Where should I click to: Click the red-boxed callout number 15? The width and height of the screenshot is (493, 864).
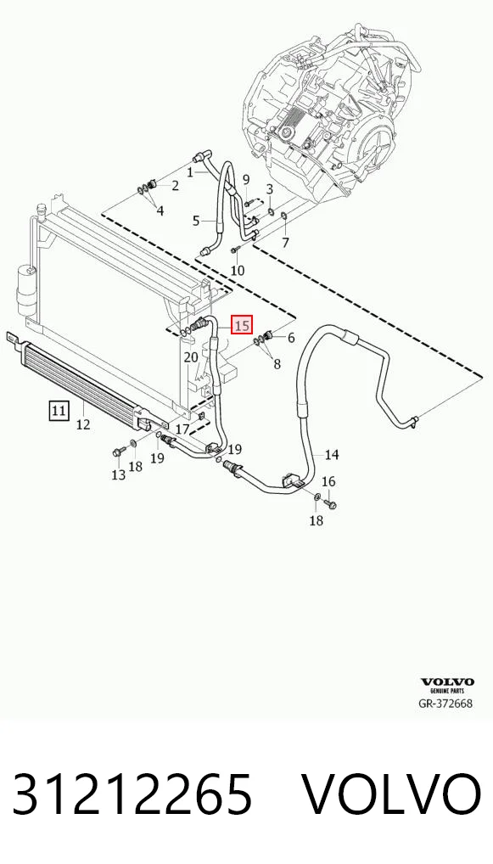tap(243, 325)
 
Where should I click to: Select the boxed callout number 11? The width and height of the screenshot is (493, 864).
tap(59, 411)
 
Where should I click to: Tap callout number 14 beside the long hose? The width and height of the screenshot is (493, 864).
tap(332, 455)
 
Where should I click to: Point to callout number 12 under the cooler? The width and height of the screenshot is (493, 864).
tap(83, 424)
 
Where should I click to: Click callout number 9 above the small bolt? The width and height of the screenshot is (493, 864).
tap(246, 179)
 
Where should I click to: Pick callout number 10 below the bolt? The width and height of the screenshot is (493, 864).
tap(238, 270)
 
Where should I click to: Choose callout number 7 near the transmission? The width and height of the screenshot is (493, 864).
tap(285, 242)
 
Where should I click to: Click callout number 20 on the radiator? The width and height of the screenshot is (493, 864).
tap(191, 357)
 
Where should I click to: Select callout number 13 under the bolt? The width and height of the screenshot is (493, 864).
tap(119, 474)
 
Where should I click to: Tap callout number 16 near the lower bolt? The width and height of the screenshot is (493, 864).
tap(328, 481)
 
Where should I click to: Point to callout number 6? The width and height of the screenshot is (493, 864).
tap(291, 337)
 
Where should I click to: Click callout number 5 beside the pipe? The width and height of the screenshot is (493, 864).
tap(196, 222)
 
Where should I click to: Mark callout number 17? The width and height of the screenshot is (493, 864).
tap(182, 429)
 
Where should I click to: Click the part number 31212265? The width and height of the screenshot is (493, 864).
tap(132, 794)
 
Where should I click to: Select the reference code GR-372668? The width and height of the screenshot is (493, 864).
tap(445, 703)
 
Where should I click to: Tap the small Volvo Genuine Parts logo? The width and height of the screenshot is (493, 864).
tap(447, 686)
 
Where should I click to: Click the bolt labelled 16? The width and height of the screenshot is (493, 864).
tap(332, 504)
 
